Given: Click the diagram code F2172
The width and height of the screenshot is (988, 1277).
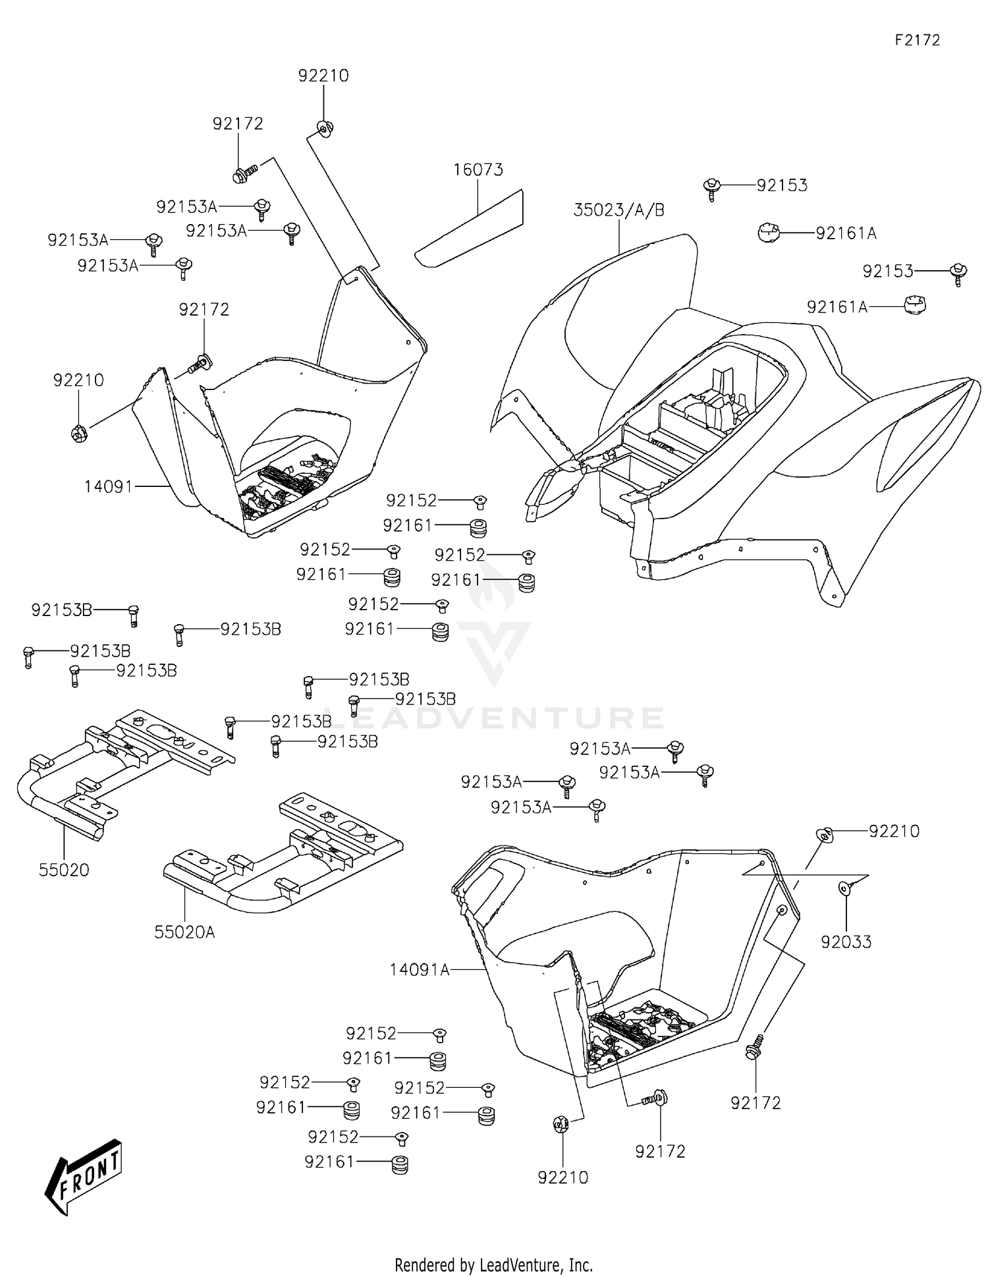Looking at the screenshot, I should [917, 40].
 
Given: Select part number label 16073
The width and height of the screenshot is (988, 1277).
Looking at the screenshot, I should [478, 170].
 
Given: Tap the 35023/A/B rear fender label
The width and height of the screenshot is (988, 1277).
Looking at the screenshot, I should [618, 210].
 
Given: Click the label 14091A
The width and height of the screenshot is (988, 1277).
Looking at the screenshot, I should [419, 970].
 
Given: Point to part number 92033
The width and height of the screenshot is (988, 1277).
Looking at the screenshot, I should [846, 942].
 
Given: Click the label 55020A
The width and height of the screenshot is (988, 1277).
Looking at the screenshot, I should [184, 932].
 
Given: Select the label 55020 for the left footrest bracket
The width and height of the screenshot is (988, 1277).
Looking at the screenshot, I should [64, 870].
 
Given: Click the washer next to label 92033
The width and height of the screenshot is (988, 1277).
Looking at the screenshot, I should [844, 889].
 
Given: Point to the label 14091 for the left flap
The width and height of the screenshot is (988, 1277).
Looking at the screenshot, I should [108, 487].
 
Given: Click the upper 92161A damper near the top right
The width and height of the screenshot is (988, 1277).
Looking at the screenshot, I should [768, 233].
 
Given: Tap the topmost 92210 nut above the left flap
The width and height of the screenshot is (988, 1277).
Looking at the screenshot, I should [323, 127].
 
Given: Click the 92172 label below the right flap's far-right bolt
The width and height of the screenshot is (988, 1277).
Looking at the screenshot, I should [755, 1103].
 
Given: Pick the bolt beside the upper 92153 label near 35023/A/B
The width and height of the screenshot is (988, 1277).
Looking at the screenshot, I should [711, 188].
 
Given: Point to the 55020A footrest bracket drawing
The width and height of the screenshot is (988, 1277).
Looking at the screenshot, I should [283, 853].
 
